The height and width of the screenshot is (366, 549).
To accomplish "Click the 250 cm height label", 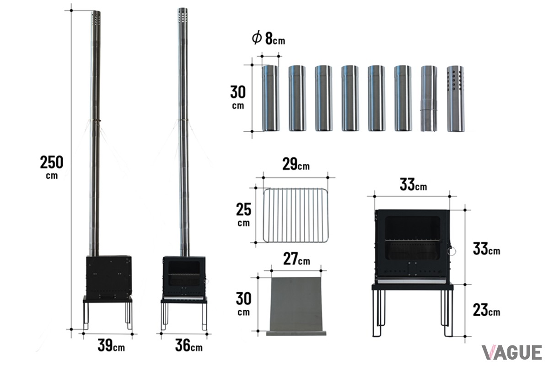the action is click(51, 167).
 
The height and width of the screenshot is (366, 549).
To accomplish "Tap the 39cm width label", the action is click(111, 345).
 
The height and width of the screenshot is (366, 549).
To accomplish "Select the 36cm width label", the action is click(188, 345).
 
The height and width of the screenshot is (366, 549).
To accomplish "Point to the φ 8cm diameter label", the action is click(269, 38).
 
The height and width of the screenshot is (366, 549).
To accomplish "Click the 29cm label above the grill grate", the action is click(296, 164).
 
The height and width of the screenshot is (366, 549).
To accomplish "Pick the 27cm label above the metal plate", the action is click(296, 259).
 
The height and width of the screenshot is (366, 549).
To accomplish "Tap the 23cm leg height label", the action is click(486, 310).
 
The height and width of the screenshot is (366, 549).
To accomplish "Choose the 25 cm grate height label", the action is click(243, 214).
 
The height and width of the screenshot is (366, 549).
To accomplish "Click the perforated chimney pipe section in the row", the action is click(455, 98).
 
